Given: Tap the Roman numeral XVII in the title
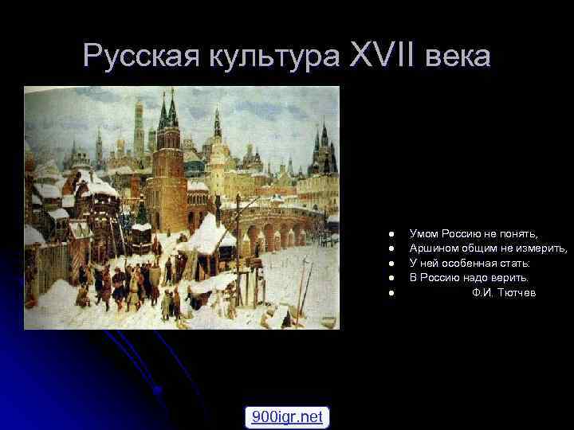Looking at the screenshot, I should pyautogui.click(x=383, y=56).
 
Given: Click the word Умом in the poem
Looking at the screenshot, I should pyautogui.click(x=424, y=233).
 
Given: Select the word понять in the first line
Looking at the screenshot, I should pyautogui.click(x=520, y=233).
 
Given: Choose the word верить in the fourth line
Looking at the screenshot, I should pyautogui.click(x=510, y=277).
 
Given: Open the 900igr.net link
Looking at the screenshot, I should pyautogui.click(x=287, y=416).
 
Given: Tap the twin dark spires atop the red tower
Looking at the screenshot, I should pyautogui.click(x=168, y=111).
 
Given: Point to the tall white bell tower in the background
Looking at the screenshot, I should pyautogui.click(x=139, y=127).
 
